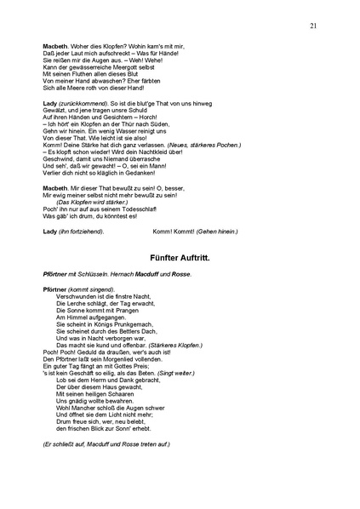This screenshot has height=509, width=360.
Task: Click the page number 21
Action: (314, 27)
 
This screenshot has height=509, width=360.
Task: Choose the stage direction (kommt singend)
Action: (89, 289)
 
